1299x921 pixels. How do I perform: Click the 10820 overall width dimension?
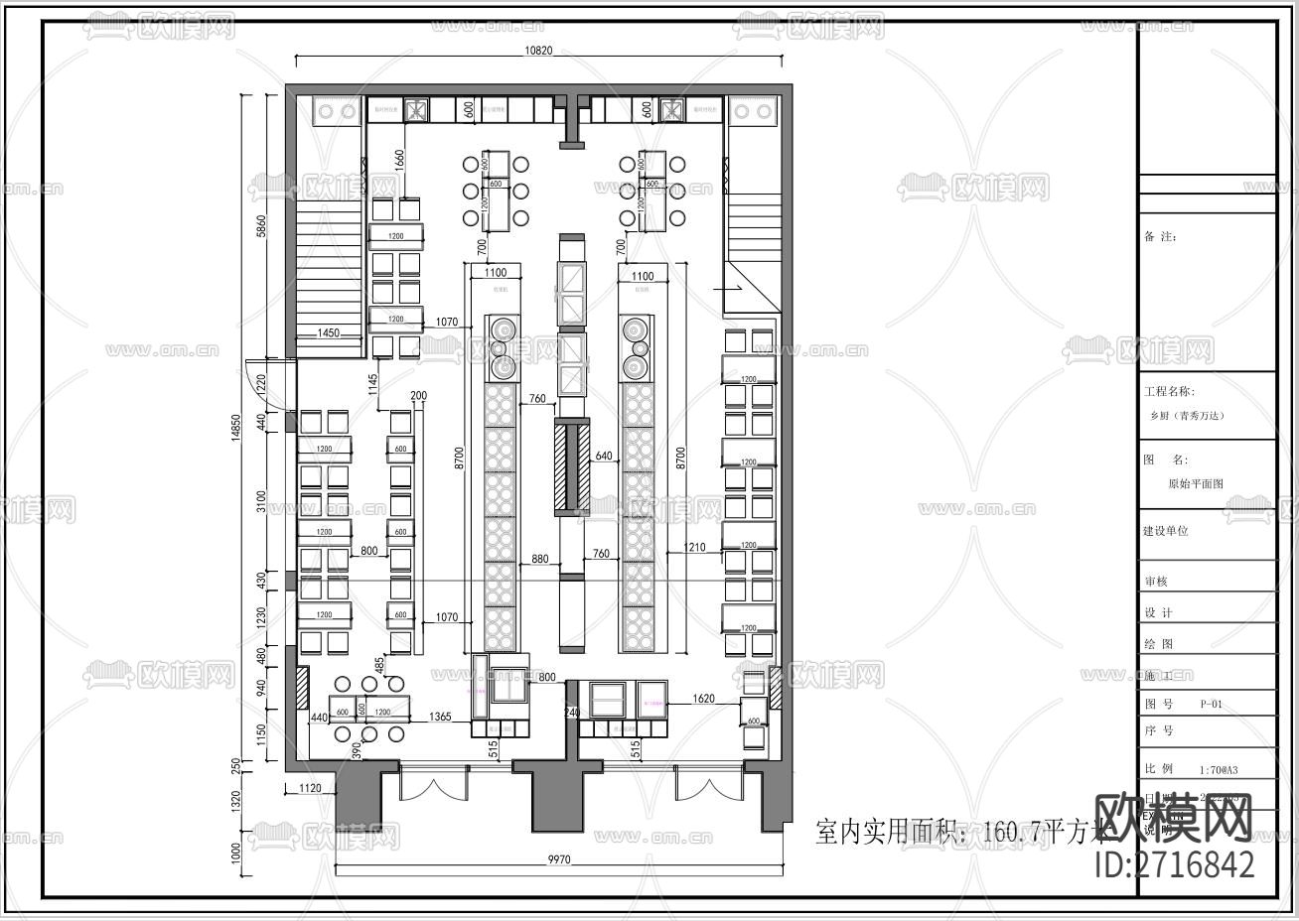[x=537, y=52]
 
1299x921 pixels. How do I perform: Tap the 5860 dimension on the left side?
[x=261, y=226]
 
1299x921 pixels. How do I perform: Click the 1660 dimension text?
[x=399, y=160]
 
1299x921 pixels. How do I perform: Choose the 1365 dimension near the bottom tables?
[x=440, y=717]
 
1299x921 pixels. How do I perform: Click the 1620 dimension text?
[x=703, y=700]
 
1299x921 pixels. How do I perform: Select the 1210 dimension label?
[x=694, y=548]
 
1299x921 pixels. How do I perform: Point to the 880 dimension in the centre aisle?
[x=539, y=559]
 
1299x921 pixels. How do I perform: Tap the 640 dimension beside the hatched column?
[x=604, y=457]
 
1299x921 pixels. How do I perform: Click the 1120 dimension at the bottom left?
[x=311, y=788]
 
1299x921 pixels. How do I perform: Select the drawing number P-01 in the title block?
[x=1211, y=704]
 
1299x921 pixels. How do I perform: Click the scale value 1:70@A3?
[x=1219, y=769]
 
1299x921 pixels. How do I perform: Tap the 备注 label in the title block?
[x=1160, y=237]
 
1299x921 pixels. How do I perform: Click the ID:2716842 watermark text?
[x=1174, y=864]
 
